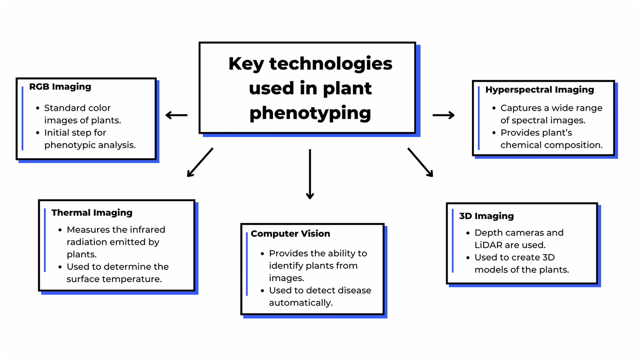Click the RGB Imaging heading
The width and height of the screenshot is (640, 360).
pyautogui.click(x=60, y=86)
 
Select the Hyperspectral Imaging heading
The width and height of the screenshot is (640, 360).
pyautogui.click(x=540, y=90)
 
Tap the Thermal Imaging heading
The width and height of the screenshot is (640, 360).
pyautogui.click(x=91, y=213)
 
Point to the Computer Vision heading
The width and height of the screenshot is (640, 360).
pyautogui.click(x=290, y=234)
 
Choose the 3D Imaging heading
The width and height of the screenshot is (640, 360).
pyautogui.click(x=486, y=216)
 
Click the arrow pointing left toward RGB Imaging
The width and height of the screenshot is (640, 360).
pyautogui.click(x=176, y=115)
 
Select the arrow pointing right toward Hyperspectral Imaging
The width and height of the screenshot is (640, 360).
pyautogui.click(x=443, y=115)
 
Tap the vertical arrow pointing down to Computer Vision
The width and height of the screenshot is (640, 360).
pyautogui.click(x=310, y=174)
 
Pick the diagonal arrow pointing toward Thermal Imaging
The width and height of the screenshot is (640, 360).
pyautogui.click(x=200, y=162)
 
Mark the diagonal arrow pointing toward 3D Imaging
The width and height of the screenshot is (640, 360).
pyautogui.click(x=420, y=162)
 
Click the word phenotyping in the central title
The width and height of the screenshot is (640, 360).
pyautogui.click(x=310, y=114)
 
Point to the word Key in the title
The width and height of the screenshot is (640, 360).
pyautogui.click(x=246, y=64)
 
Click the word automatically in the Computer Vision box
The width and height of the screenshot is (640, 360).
pyautogui.click(x=301, y=303)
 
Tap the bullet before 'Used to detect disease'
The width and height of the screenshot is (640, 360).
pyautogui.click(x=263, y=291)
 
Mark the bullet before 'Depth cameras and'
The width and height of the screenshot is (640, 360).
pyautogui.click(x=468, y=233)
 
